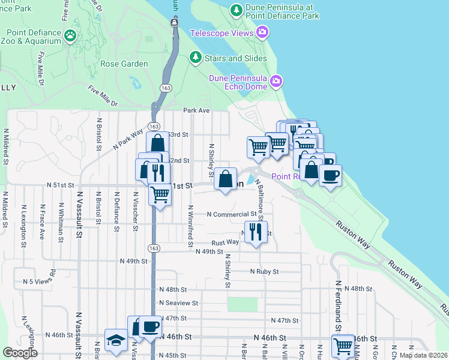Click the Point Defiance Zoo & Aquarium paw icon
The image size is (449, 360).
[71, 35]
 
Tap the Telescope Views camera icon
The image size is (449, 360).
[262, 32]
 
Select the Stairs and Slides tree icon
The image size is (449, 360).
[195, 57]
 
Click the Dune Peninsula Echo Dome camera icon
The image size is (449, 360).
[276, 80]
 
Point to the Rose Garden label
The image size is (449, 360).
[124, 64]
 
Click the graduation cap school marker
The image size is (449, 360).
[115, 340]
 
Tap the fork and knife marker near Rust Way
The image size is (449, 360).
[256, 231]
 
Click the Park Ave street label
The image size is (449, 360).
[196, 110]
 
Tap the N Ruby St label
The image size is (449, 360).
[265, 272]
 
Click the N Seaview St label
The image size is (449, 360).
[179, 304]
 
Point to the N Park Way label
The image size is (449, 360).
[128, 139]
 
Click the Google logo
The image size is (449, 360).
[20, 353]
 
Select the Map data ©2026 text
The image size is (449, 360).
[423, 355]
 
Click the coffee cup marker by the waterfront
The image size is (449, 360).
[330, 176]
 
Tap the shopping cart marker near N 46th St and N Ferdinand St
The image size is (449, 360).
[343, 345]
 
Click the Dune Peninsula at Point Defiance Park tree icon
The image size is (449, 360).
[236, 10]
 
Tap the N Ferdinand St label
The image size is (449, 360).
[339, 301]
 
